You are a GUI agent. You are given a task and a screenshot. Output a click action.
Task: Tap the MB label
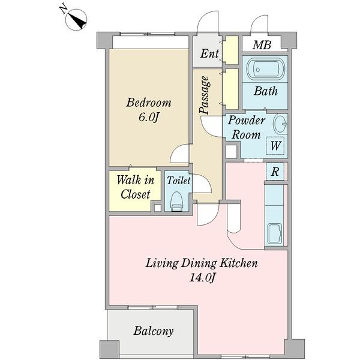click(x=262, y=45)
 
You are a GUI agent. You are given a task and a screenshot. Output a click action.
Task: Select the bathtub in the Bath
click(x=265, y=70)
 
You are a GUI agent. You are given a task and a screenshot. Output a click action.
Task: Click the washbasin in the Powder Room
click(x=280, y=124)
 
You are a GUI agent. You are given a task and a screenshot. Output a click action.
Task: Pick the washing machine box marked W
click(x=275, y=146)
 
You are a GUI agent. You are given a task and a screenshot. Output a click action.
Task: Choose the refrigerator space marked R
click(x=275, y=171)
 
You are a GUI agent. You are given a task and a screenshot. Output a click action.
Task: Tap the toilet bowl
click(x=177, y=200)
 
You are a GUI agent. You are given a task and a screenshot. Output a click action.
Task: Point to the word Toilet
click(x=179, y=180)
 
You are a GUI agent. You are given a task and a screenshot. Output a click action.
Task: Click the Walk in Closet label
click(x=135, y=187)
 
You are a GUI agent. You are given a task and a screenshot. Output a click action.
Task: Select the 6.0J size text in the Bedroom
click(x=149, y=118)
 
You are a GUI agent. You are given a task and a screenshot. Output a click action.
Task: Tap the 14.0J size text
click(x=202, y=278)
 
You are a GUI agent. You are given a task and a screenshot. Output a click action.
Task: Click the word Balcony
click(x=154, y=331)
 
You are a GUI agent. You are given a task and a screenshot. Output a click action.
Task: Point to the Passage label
click(x=205, y=95)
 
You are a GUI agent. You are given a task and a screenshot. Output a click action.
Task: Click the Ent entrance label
click(x=209, y=54)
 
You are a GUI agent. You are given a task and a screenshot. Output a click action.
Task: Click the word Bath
click(x=266, y=91)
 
